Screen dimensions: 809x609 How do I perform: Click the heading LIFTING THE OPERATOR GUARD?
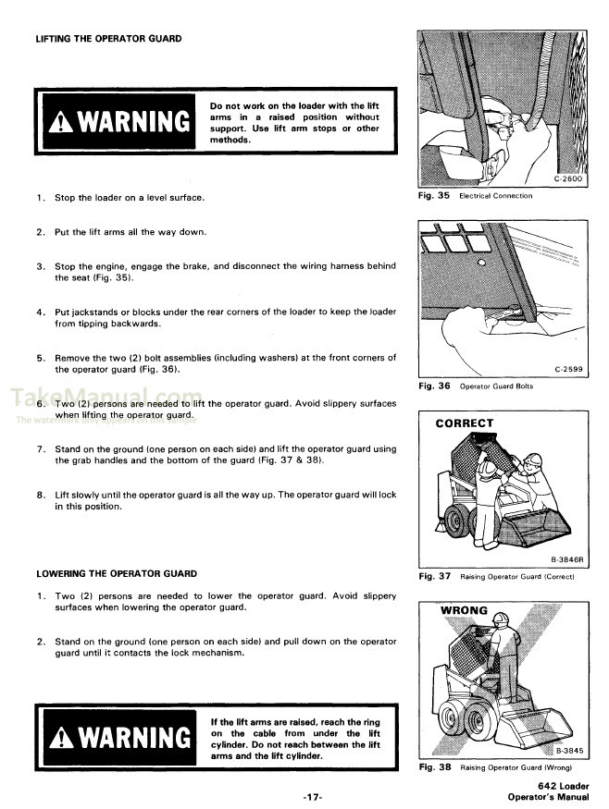click(108, 39)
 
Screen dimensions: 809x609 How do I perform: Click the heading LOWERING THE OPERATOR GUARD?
click(116, 573)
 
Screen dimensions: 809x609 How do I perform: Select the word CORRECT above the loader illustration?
click(465, 423)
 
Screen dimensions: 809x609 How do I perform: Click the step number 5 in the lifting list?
click(41, 358)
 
